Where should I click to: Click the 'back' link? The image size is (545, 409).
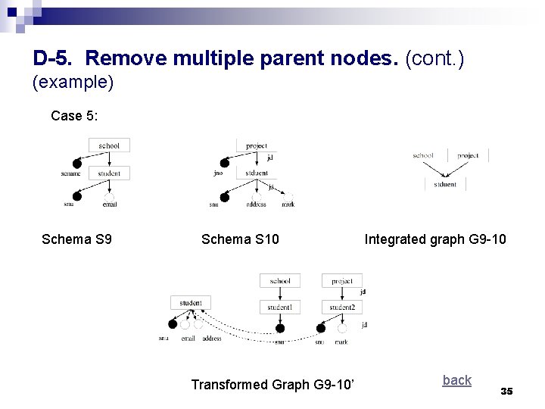(x=456, y=380)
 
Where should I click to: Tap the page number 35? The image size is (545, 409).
(x=506, y=391)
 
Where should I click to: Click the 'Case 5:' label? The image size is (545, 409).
(x=74, y=116)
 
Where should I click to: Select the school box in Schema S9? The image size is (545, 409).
(x=109, y=145)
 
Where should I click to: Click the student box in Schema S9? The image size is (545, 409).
(x=109, y=173)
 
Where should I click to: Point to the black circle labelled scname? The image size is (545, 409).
(x=76, y=164)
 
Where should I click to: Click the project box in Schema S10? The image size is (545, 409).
(x=257, y=145)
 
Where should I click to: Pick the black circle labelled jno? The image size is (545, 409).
(x=224, y=163)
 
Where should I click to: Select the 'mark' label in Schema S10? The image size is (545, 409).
(x=288, y=204)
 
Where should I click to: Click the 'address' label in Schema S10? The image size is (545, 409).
(x=257, y=204)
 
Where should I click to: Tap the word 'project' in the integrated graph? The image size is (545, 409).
(x=468, y=156)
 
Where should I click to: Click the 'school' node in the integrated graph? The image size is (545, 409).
(x=423, y=156)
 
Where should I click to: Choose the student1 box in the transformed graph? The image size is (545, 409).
(x=279, y=308)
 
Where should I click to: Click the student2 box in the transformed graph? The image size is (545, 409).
(x=341, y=308)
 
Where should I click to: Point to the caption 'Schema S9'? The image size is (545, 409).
(x=77, y=240)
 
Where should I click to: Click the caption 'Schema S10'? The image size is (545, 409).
(x=240, y=240)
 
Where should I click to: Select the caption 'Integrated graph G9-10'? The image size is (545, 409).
(x=435, y=240)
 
